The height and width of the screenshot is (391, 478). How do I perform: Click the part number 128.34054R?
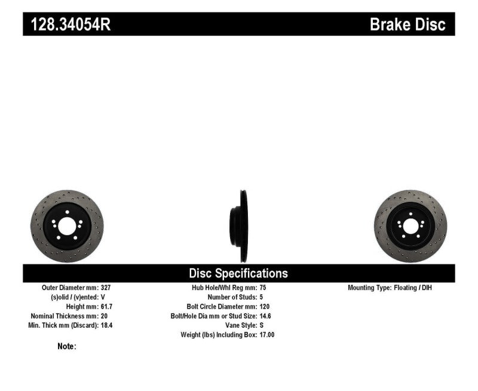point(66,24)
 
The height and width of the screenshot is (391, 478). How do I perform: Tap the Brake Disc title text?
point(407,24)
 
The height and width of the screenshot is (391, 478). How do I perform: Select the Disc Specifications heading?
point(238,273)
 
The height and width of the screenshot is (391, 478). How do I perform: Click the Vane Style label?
point(236,325)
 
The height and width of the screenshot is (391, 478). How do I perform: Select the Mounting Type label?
point(370,288)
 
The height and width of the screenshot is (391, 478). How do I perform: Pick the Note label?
point(66,347)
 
